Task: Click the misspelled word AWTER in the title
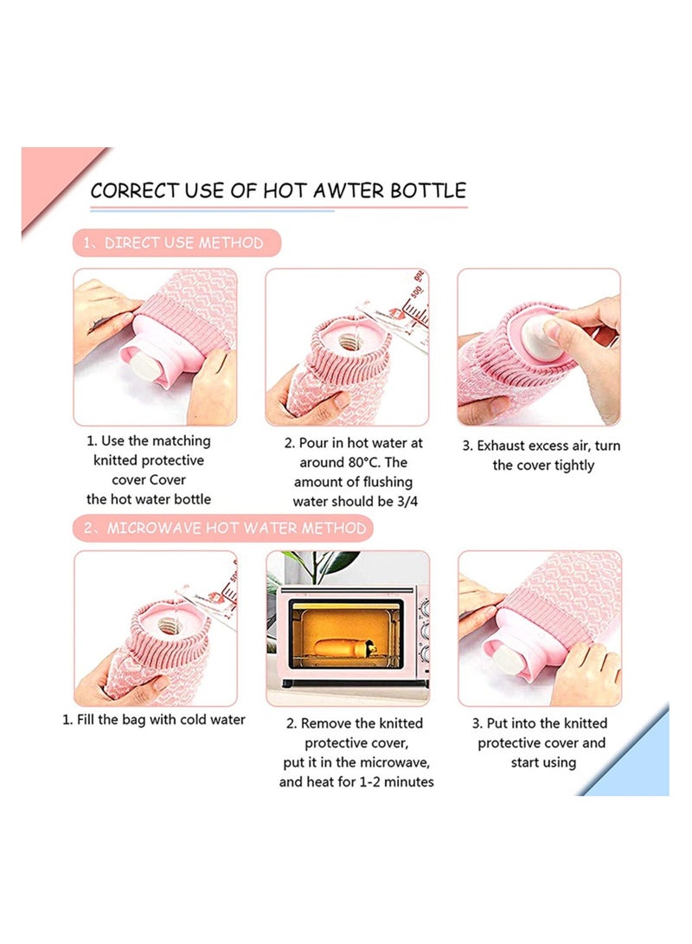tap(348, 191)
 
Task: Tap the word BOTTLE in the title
tap(428, 191)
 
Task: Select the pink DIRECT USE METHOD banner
tap(177, 242)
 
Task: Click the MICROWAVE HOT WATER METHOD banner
tap(223, 528)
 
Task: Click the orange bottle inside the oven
tap(343, 648)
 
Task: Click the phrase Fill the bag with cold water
tap(161, 719)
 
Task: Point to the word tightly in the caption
tap(572, 466)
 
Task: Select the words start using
tap(543, 762)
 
